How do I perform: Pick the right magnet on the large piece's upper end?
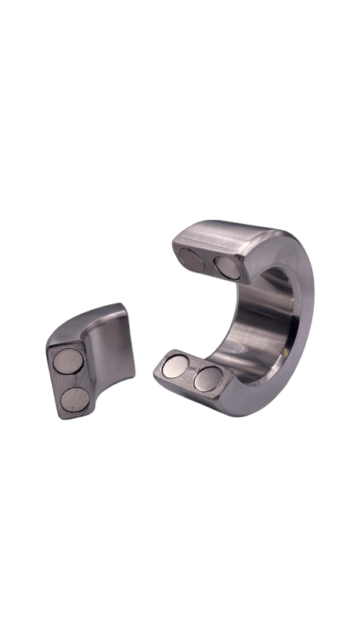[229, 266]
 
